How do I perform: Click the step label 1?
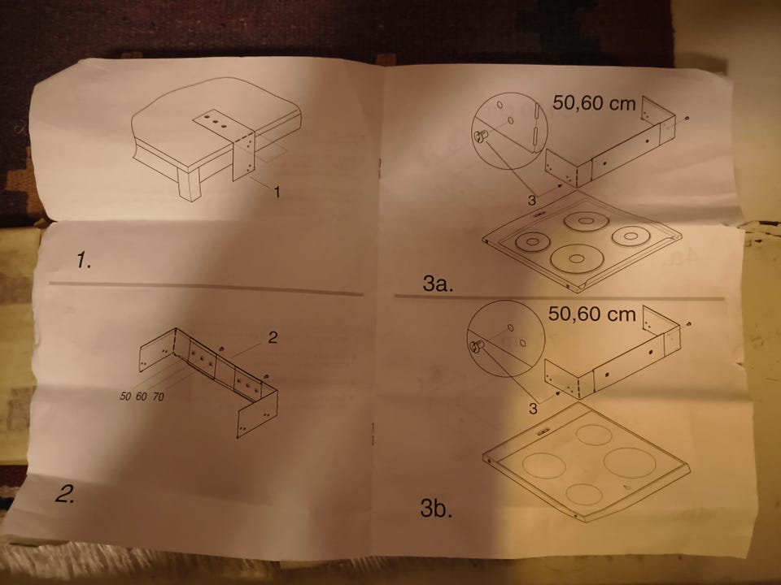[x=84, y=260]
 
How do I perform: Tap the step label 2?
[x=65, y=494]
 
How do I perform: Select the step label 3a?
[x=438, y=284]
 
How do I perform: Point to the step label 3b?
[x=436, y=509]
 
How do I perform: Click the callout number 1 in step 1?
[x=277, y=192]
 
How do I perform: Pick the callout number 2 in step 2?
[x=273, y=338]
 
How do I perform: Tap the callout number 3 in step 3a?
[x=532, y=201]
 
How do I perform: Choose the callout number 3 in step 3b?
[x=533, y=409]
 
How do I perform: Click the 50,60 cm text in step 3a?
[x=594, y=103]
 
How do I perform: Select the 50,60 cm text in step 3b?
[x=591, y=314]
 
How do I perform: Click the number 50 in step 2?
[x=125, y=396]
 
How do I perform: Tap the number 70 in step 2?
[x=158, y=396]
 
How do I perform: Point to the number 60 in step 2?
[x=142, y=396]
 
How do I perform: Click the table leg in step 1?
[x=190, y=184]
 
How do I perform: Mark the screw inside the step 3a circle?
[x=480, y=136]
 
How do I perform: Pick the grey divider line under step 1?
[x=206, y=288]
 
